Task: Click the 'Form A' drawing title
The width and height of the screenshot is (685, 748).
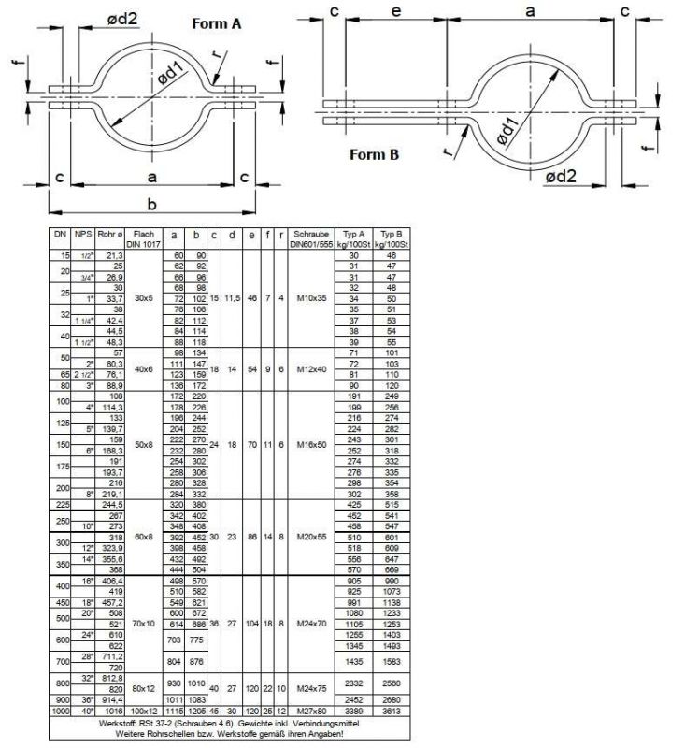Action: pos(216,23)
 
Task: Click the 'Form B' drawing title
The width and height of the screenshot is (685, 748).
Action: pos(375,154)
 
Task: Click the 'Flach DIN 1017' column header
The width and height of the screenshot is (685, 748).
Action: pos(143,237)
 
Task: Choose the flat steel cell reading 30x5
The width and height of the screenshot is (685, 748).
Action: pos(143,298)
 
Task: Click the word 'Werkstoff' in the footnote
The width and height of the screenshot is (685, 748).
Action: pos(121,722)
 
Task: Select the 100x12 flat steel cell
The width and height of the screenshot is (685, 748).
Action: pos(143,711)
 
